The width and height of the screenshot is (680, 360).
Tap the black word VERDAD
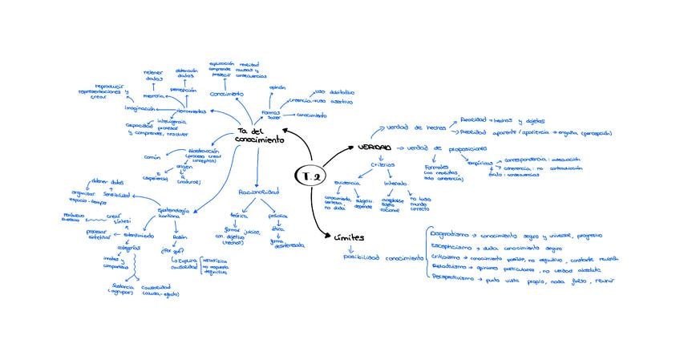click(374, 148)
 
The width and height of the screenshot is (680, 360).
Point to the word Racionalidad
click(259, 192)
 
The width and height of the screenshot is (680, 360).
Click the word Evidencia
click(347, 183)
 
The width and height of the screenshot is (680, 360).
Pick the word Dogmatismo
click(450, 236)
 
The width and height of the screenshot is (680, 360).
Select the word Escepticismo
click(451, 246)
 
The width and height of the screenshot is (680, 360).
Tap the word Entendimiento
click(139, 235)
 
